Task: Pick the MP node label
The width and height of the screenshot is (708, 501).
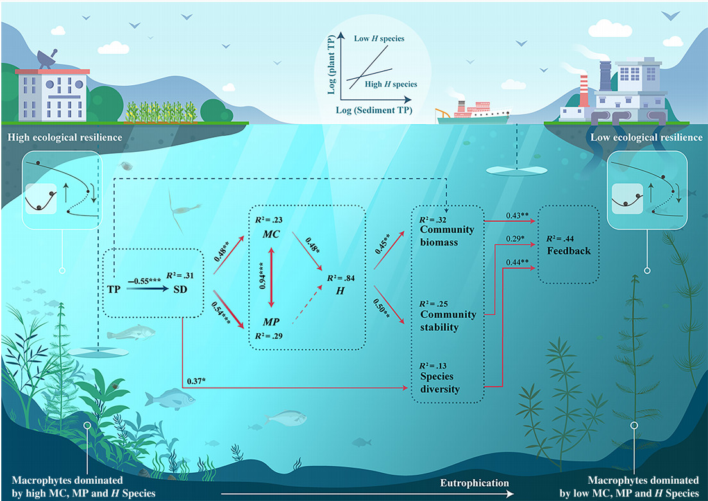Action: pyautogui.click(x=269, y=320)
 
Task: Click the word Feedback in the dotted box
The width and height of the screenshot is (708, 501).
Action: pyautogui.click(x=569, y=250)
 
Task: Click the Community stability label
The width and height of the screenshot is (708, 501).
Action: pyautogui.click(x=448, y=321)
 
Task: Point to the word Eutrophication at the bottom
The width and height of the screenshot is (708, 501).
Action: pyautogui.click(x=475, y=482)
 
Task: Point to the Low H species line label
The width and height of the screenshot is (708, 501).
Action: pyautogui.click(x=379, y=38)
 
